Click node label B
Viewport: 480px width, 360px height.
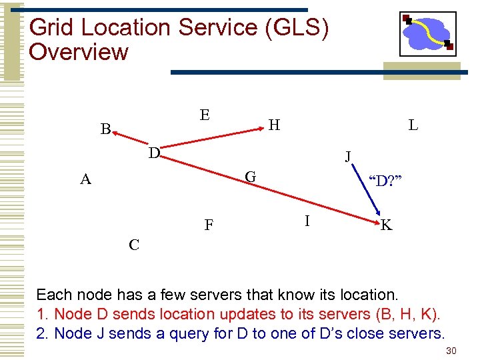tap(105, 129)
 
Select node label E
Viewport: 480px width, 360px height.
tap(205, 115)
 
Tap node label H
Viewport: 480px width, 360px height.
tap(274, 124)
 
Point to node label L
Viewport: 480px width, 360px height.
tap(413, 125)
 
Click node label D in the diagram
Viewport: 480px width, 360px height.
tap(154, 153)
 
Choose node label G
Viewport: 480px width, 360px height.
tap(251, 177)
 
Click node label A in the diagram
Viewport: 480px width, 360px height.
tap(85, 179)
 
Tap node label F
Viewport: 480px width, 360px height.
tap(209, 225)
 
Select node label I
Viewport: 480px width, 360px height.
tap(307, 220)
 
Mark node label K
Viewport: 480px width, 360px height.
tap(387, 226)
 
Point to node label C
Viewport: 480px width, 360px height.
tap(134, 245)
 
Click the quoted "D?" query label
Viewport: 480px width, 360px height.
tap(385, 181)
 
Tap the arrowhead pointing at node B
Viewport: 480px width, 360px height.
tap(115, 136)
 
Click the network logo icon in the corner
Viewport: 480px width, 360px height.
tap(427, 33)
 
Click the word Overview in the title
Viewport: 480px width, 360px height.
tap(79, 52)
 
